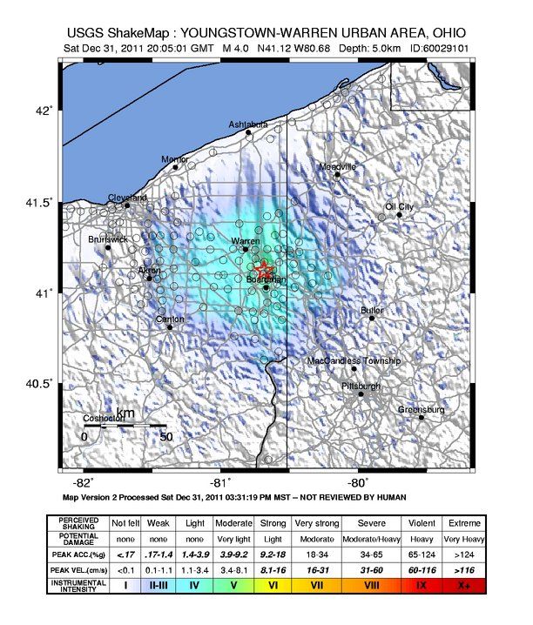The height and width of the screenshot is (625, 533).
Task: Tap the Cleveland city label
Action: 127,198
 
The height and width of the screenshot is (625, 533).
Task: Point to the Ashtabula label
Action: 248,125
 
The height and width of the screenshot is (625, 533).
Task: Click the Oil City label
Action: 400,206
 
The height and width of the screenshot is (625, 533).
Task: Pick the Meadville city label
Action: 337,166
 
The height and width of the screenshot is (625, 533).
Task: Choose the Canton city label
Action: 169,319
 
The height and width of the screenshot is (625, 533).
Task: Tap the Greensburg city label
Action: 421,409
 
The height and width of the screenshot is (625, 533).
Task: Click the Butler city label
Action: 372,310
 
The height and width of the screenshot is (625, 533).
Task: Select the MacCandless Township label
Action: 354,360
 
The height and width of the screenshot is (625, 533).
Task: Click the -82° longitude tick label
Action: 83,482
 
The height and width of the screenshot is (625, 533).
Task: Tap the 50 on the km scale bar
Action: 165,436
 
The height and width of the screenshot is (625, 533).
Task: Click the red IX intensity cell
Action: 422,586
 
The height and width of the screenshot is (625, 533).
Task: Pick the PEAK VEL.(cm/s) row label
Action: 78,570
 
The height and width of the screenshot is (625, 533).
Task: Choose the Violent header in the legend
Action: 422,522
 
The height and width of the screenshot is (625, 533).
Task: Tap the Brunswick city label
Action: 108,239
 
